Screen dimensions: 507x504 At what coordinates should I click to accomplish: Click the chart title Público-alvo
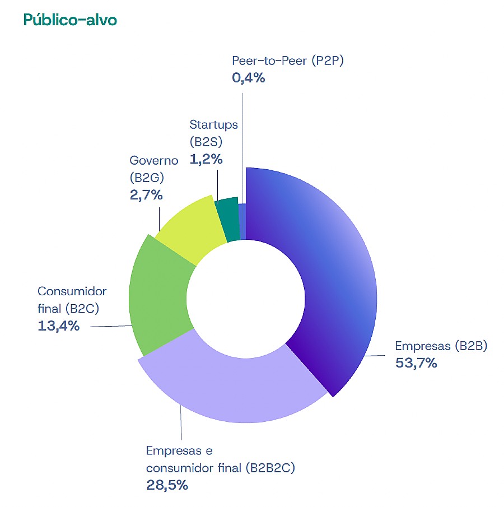coord(70,20)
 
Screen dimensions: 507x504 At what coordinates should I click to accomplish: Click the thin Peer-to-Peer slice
coord(242,221)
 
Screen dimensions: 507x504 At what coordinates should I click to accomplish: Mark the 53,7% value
coord(416,363)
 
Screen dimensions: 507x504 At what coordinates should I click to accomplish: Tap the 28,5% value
coord(167,485)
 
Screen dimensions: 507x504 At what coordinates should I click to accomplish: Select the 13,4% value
coord(58,325)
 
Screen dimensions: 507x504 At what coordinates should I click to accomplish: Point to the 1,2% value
coord(206,159)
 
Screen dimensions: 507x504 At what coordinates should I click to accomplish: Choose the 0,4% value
coord(248,78)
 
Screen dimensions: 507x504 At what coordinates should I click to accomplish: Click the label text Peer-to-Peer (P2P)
coord(287,61)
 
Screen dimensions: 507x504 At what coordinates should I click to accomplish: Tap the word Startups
coord(213,124)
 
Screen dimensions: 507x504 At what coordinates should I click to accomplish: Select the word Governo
coord(153,161)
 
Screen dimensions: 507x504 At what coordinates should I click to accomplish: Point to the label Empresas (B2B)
coord(441,346)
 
